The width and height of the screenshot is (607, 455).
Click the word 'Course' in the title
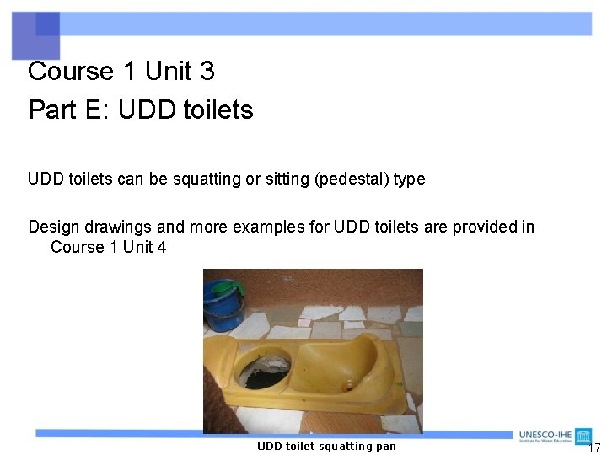(70, 72)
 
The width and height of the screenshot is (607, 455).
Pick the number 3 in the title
(207, 72)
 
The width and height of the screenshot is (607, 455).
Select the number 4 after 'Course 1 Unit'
(161, 247)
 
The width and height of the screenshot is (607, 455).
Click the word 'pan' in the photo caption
(386, 447)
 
